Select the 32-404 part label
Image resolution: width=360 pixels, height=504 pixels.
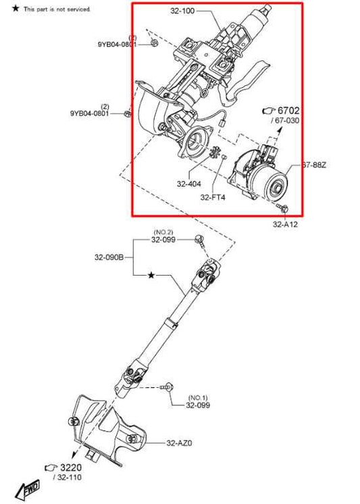[x=188, y=183]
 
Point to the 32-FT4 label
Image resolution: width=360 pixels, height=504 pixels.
[x=213, y=197]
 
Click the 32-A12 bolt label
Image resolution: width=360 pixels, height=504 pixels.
[x=285, y=224]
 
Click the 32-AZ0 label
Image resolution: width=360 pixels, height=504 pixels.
[x=180, y=443]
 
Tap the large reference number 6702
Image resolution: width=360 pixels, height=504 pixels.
[x=288, y=110]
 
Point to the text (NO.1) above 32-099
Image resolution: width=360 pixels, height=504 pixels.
[x=199, y=397]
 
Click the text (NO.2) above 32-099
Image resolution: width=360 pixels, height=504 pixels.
[x=163, y=231]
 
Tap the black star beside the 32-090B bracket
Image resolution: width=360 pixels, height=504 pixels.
[x=151, y=276]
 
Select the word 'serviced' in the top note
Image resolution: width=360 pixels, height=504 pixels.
[x=78, y=9]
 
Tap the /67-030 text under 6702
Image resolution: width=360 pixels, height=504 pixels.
[x=286, y=120]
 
